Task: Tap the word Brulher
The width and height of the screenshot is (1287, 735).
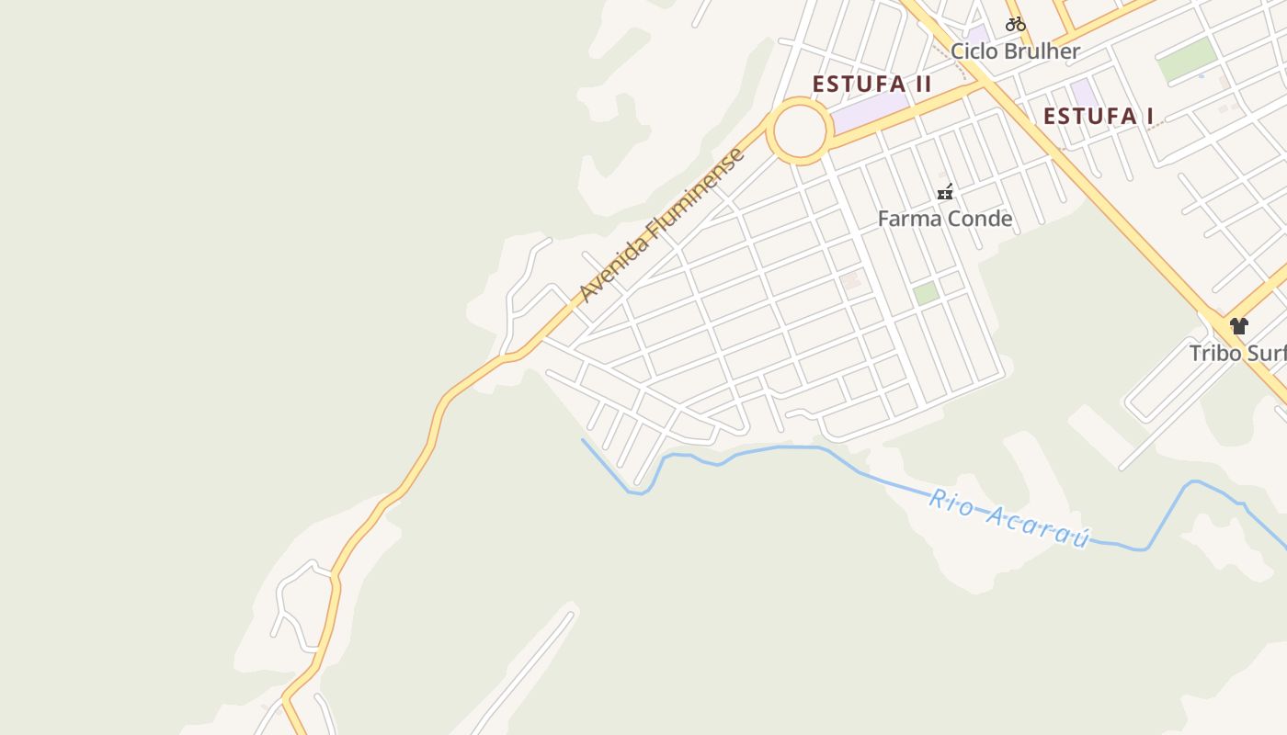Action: (x=1043, y=51)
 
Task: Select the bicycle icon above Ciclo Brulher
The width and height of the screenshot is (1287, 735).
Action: (x=1015, y=24)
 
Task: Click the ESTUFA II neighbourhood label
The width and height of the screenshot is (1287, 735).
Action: (x=871, y=85)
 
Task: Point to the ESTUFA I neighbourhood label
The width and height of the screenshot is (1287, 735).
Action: (x=1098, y=117)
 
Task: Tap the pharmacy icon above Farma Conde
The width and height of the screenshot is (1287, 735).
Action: (x=944, y=192)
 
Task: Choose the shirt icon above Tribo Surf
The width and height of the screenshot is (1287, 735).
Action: (x=1238, y=325)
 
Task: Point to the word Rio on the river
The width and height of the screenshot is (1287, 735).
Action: (x=950, y=502)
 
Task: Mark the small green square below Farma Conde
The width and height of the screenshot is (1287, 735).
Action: (x=925, y=293)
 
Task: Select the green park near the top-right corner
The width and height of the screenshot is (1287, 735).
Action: (x=1186, y=60)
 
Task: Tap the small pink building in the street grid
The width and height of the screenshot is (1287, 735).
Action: (x=851, y=279)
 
